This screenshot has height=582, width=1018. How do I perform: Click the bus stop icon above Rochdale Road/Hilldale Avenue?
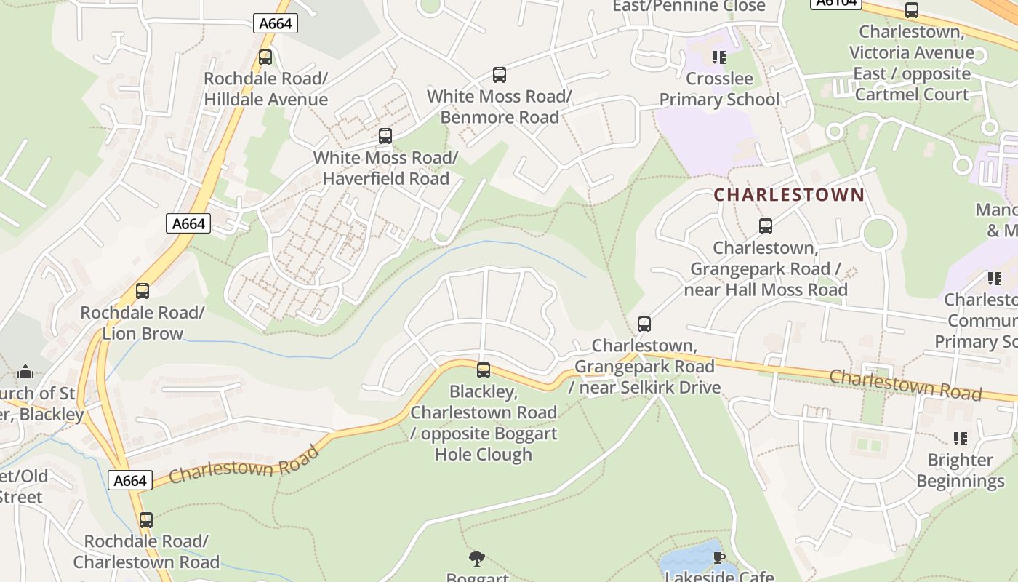[265, 57]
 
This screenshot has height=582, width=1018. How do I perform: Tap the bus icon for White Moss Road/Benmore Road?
[499, 74]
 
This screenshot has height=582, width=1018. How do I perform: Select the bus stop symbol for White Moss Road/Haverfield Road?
[385, 136]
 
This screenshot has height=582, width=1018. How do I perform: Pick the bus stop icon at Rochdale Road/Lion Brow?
[143, 291]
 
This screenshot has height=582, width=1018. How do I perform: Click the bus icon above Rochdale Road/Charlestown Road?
[146, 520]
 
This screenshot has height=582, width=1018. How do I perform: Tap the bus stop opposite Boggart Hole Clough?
[484, 370]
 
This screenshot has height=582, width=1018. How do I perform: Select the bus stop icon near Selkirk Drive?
[644, 324]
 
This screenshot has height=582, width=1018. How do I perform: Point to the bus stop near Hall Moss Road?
[766, 226]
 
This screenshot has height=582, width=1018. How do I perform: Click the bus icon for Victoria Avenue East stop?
[911, 10]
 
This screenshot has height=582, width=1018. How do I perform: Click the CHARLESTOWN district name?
[789, 195]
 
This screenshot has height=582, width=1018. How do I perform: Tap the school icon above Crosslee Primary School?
[719, 57]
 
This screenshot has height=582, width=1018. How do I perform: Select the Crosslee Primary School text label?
[719, 89]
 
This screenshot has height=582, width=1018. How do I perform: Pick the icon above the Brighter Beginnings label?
[961, 438]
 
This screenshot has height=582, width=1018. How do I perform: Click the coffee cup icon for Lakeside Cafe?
[719, 557]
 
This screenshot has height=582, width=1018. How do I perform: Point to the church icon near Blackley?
[25, 372]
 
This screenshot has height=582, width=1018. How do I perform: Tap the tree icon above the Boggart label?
[477, 559]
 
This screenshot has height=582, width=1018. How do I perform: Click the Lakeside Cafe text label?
[719, 576]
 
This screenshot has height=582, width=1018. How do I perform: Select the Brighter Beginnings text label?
[960, 470]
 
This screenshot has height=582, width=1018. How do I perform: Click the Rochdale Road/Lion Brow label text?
[143, 323]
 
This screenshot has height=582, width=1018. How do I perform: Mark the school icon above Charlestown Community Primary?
[995, 278]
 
